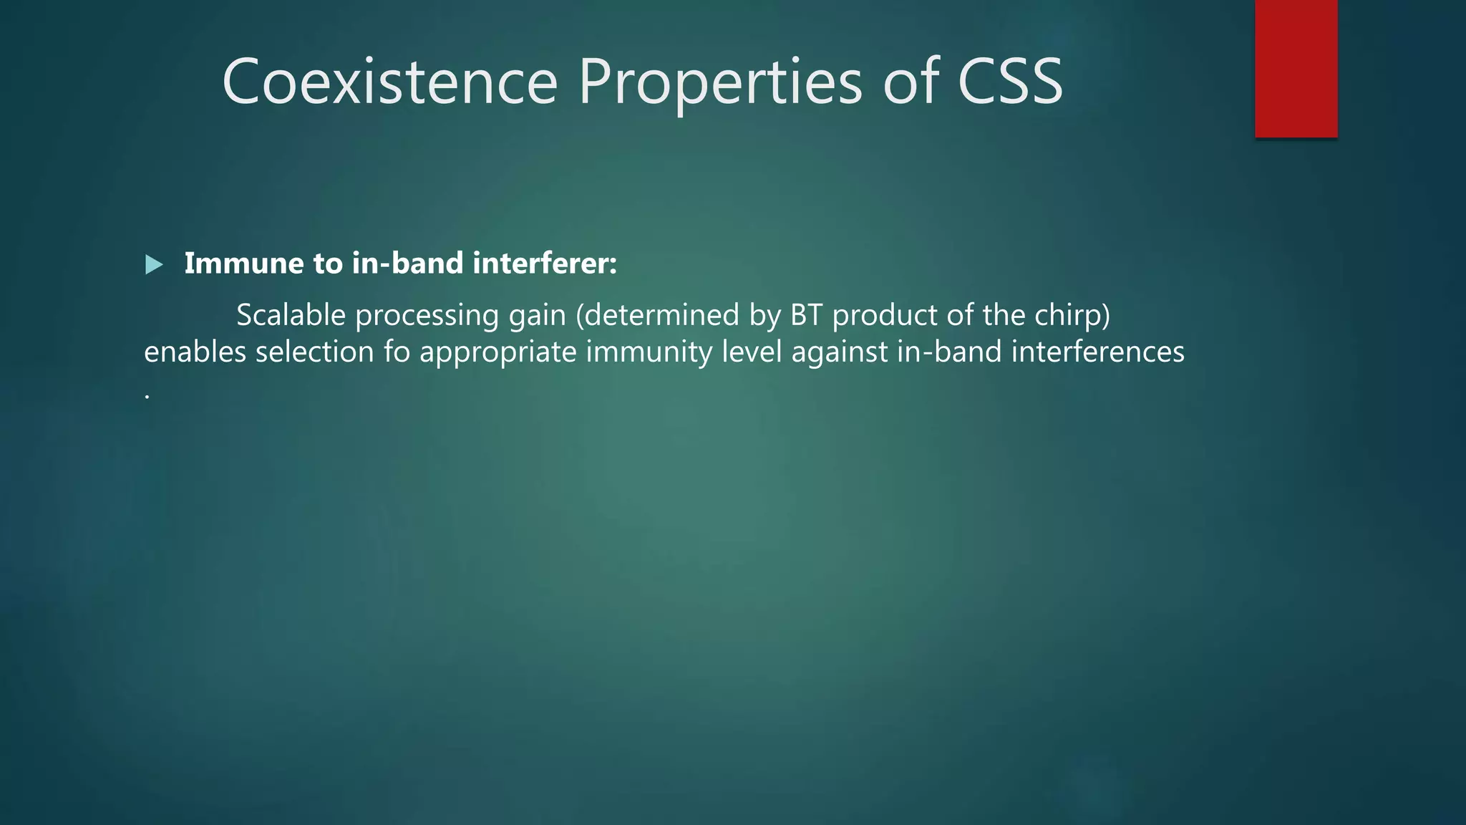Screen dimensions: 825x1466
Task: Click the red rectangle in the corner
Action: coord(1296,68)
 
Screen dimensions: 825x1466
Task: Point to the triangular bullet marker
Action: coord(154,265)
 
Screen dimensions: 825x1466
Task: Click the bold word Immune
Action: coord(243,264)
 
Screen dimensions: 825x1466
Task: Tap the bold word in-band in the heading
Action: coord(407,264)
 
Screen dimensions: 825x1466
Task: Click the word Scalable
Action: coord(291,315)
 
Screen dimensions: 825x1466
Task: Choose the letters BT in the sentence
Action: coord(806,315)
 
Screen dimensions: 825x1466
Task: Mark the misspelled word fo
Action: coord(397,352)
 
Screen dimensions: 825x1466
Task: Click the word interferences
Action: coord(1097,352)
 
